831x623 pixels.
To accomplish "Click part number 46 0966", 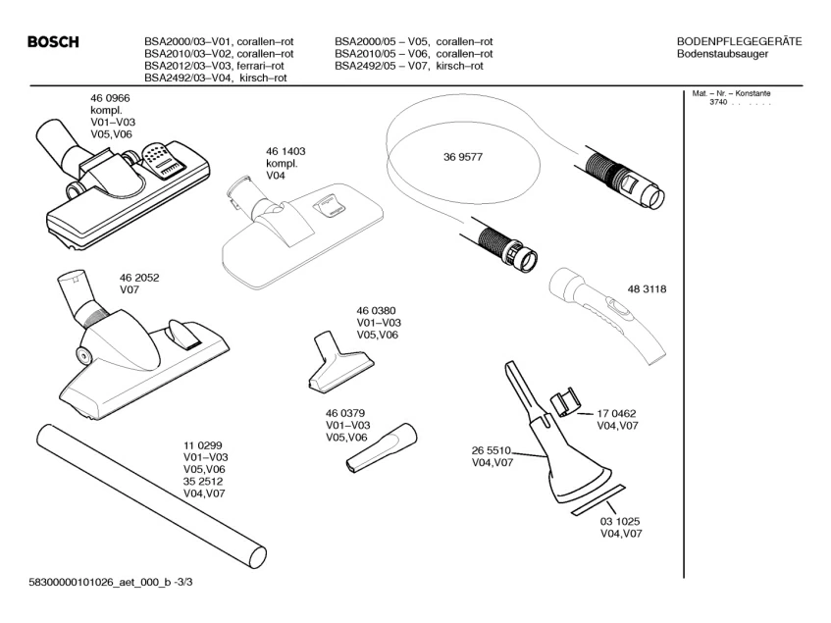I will pos(111,99).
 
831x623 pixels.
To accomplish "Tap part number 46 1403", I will pos(286,151).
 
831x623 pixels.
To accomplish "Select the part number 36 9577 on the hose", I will pos(463,157).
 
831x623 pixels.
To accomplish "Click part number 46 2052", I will pos(139,278).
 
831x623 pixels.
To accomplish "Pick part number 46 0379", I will pos(346,412).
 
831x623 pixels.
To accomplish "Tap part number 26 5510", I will pos(492,450).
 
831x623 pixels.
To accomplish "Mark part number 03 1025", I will pos(621,520).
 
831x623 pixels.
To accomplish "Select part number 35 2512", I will pos(204,482).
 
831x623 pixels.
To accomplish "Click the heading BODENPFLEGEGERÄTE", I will pos(740,41).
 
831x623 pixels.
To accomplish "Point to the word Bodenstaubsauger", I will pos(723,54).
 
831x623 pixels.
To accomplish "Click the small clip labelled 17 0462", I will pos(565,403).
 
